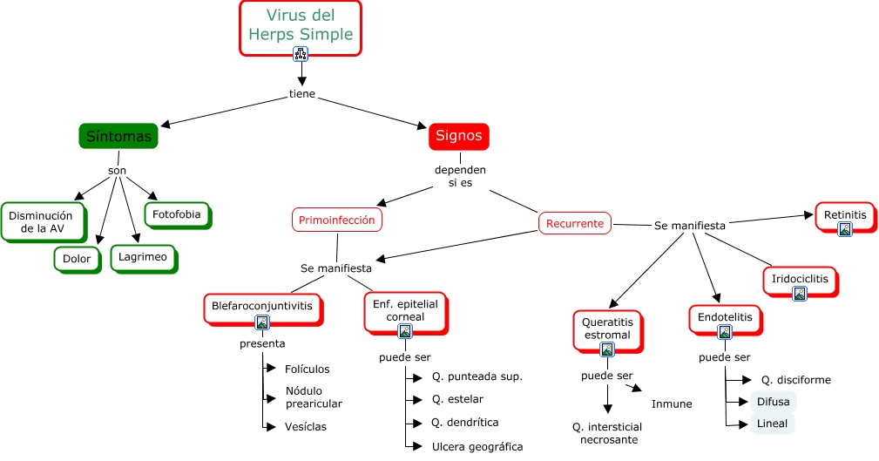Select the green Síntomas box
point(118,136)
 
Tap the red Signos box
point(458,136)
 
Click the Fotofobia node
point(176,214)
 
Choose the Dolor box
point(77,259)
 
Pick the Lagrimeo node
point(144,257)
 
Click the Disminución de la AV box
point(47,222)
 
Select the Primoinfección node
point(336,220)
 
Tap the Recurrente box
point(575,223)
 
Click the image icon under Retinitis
point(844,229)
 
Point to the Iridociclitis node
point(799,280)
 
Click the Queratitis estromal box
point(607,329)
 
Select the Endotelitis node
point(724,317)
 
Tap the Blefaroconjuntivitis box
point(261,306)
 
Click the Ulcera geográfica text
point(477,446)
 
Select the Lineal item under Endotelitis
point(772,424)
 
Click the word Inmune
point(672,403)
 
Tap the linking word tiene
point(302,94)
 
